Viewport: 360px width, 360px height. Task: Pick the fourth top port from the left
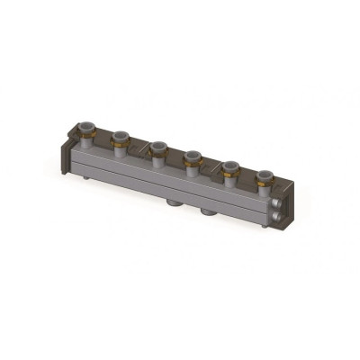(x=192, y=159)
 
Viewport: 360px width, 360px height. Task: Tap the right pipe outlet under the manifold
(x=208, y=216)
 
